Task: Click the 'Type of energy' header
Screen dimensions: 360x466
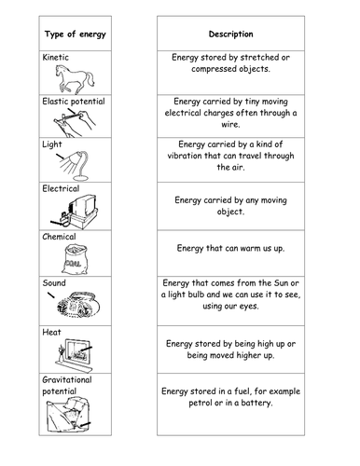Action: (78, 34)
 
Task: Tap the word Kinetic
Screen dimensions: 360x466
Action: (57, 57)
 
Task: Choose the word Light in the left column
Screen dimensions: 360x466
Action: (52, 145)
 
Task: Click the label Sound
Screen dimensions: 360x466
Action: (55, 281)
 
